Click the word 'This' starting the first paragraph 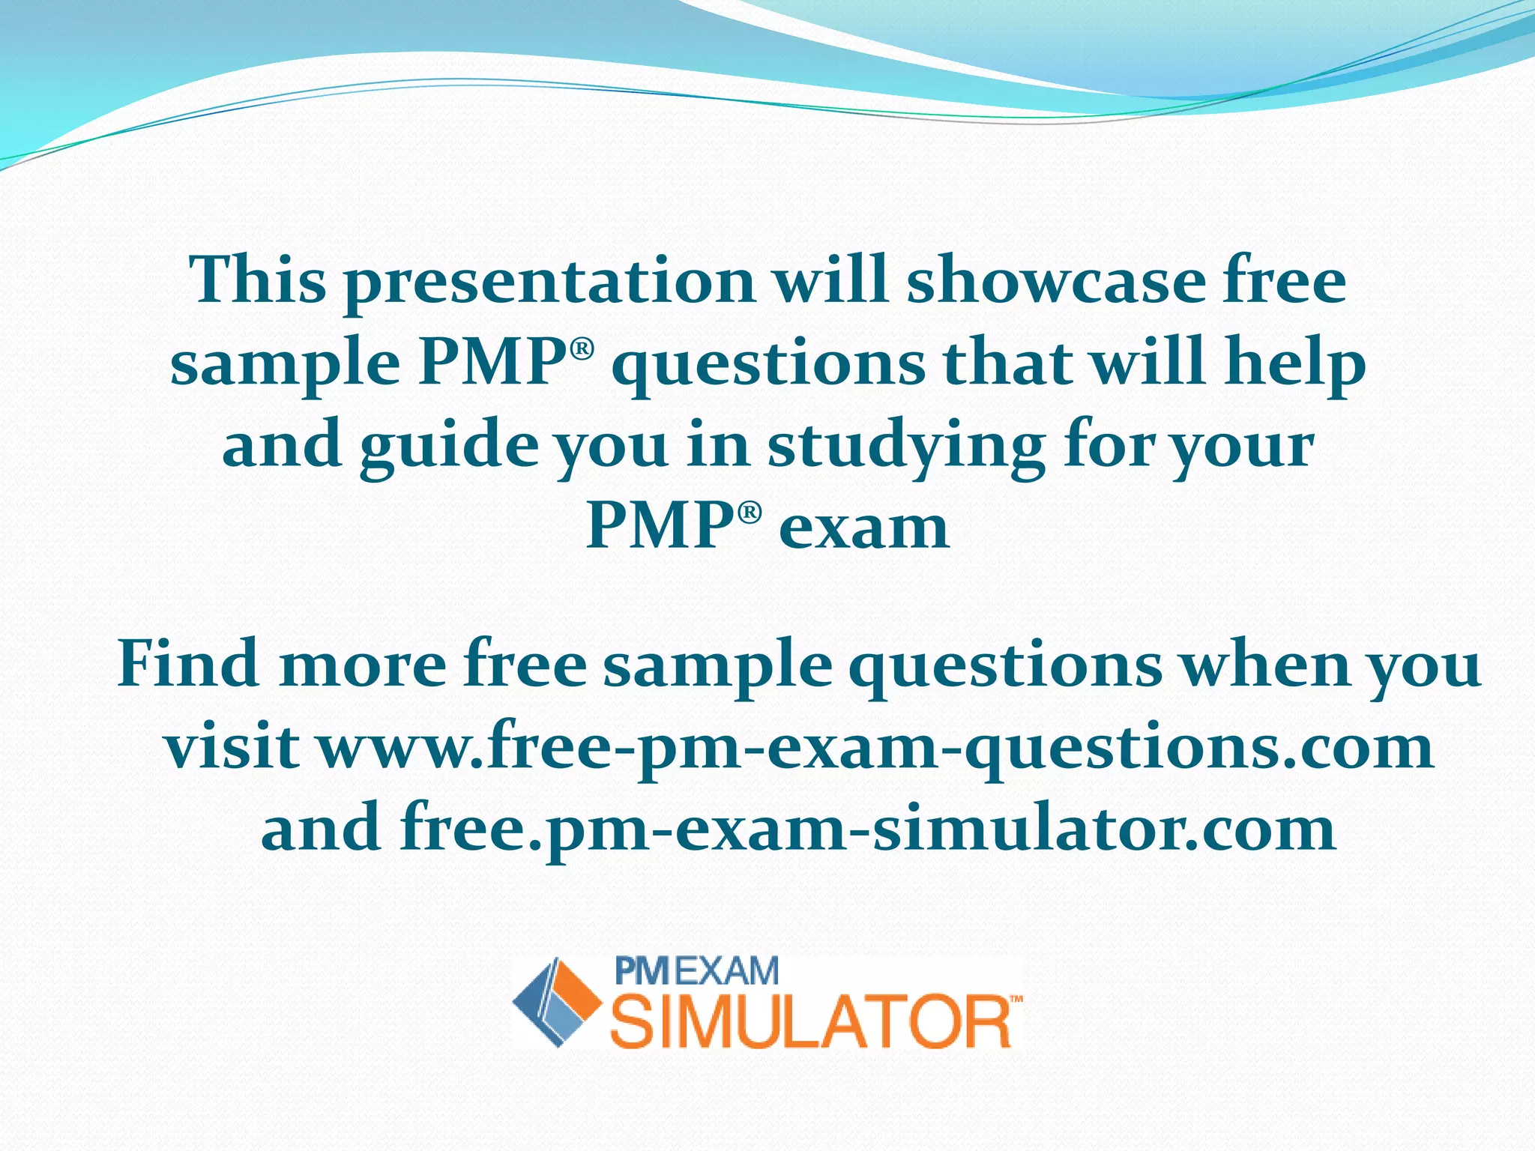258,280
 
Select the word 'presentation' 549,283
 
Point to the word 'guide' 448,448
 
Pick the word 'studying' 905,448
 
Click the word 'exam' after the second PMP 863,527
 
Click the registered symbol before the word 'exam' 750,513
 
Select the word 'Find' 188,664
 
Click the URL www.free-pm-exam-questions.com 875,749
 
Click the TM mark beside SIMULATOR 1016,1000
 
